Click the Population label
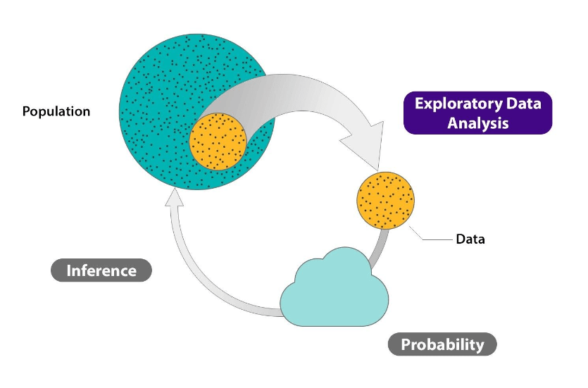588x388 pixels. click(56, 111)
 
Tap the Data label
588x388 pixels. click(470, 239)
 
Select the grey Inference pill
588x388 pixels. click(101, 270)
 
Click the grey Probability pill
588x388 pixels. click(442, 344)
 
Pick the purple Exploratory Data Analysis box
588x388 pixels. click(477, 113)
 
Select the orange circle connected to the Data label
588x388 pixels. click(386, 200)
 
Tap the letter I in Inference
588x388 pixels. click(69, 270)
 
